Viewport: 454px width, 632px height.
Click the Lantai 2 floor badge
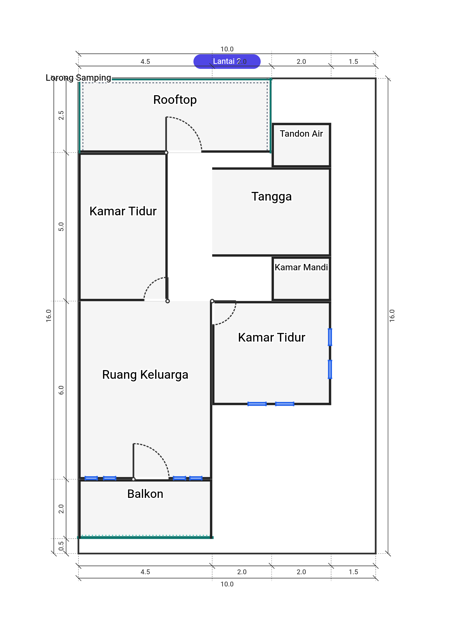227,61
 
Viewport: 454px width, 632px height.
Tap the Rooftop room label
175,100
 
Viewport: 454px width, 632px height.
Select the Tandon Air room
301,145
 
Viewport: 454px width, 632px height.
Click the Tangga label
271,196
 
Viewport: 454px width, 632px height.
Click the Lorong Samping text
78,77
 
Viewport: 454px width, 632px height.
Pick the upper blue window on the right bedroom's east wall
330,337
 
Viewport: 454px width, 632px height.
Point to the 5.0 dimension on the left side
61,227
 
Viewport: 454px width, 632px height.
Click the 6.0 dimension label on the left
61,390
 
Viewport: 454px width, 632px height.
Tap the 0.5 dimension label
61,546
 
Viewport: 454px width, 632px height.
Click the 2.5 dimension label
61,115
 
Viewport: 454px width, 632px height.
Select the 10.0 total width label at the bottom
227,584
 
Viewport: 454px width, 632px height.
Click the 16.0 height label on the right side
392,316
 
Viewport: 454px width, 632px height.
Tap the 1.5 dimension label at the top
353,61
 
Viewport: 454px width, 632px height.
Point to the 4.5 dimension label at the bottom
145,572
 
